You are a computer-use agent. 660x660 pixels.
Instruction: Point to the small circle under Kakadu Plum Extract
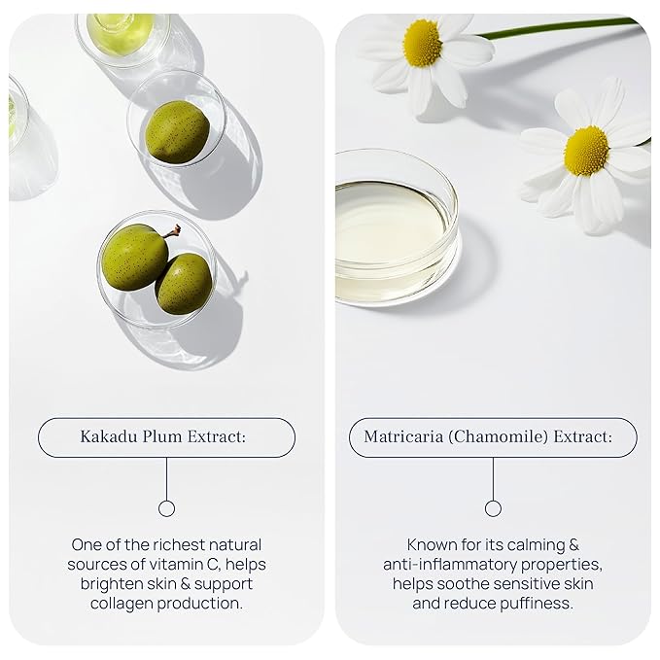pos(166,508)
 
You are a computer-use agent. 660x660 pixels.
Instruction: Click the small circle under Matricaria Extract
pos(493,508)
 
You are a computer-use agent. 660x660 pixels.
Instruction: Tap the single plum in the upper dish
pos(176,131)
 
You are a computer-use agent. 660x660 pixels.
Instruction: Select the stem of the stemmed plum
pos(172,231)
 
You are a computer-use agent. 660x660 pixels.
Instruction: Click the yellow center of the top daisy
pos(422,43)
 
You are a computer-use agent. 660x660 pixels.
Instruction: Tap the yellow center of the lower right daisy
pos(586,151)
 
